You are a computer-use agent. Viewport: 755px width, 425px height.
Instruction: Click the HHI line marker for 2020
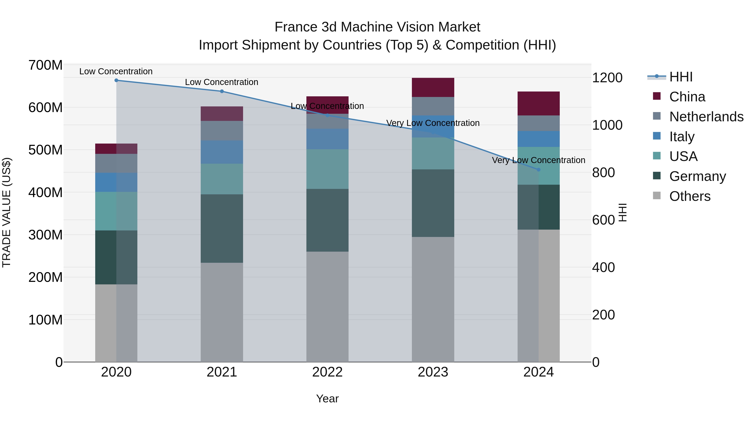click(116, 80)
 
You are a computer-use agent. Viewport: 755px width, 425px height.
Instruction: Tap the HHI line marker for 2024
click(538, 170)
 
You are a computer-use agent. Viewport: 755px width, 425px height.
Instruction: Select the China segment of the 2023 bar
click(433, 87)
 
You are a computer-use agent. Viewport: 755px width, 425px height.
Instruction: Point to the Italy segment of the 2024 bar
click(538, 139)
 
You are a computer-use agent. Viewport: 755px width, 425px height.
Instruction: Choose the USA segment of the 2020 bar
click(116, 211)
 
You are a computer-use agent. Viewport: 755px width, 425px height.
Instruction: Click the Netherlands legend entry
click(706, 116)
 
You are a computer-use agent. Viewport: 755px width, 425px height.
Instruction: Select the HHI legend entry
click(681, 77)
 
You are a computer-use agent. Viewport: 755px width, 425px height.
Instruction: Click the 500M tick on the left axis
click(46, 150)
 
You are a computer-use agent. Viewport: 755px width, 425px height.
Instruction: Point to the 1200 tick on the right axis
click(607, 78)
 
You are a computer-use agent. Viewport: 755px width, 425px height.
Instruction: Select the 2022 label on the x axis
click(327, 372)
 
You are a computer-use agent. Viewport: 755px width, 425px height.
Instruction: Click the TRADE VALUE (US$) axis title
click(7, 212)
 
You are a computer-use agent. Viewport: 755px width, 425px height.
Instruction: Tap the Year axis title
click(327, 399)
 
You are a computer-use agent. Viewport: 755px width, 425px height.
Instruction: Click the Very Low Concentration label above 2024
click(538, 160)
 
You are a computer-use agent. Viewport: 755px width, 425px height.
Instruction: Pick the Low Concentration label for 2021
click(222, 82)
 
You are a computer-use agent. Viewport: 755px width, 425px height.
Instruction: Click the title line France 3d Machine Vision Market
click(377, 27)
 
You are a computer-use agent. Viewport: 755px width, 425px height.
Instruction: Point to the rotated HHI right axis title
click(622, 212)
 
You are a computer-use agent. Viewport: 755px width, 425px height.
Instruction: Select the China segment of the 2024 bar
click(538, 103)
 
